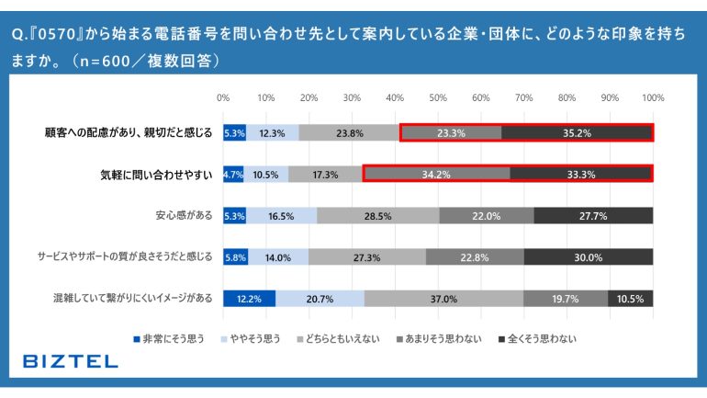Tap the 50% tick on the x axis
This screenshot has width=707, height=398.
[x=438, y=97]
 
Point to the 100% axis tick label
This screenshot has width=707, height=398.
[x=652, y=97]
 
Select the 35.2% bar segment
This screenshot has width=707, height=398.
[x=577, y=132]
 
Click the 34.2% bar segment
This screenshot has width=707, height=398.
[x=436, y=174]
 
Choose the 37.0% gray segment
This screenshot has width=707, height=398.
[x=443, y=298]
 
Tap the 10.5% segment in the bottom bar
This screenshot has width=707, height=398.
[x=630, y=298]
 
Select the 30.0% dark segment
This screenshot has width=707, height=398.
[x=589, y=257]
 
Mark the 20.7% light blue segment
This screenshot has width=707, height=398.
[x=320, y=298]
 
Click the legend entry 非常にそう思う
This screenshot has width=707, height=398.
[x=167, y=339]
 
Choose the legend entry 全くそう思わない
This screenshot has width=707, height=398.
[x=542, y=339]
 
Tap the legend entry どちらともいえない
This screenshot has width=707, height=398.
[x=340, y=339]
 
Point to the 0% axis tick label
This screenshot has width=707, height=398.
[x=223, y=97]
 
